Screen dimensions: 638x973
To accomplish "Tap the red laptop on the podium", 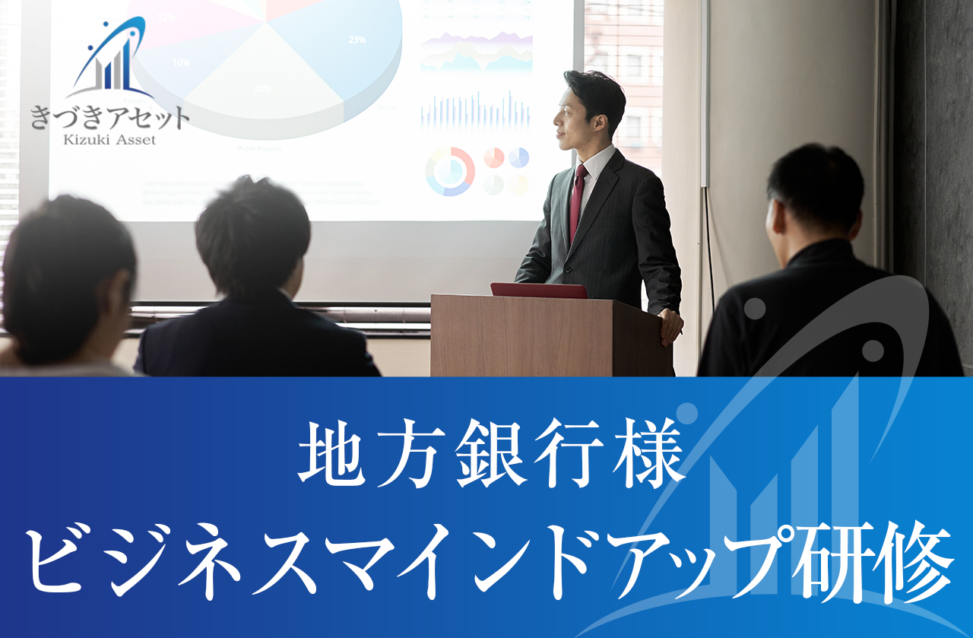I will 539,290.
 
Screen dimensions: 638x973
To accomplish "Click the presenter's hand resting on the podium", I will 671,325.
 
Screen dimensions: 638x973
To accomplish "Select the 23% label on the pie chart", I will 357,40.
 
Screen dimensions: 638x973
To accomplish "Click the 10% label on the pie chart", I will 181,62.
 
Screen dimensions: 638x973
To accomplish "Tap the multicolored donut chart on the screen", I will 450,171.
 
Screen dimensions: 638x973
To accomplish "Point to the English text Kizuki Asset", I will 110,140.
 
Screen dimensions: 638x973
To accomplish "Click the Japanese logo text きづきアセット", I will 110,118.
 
